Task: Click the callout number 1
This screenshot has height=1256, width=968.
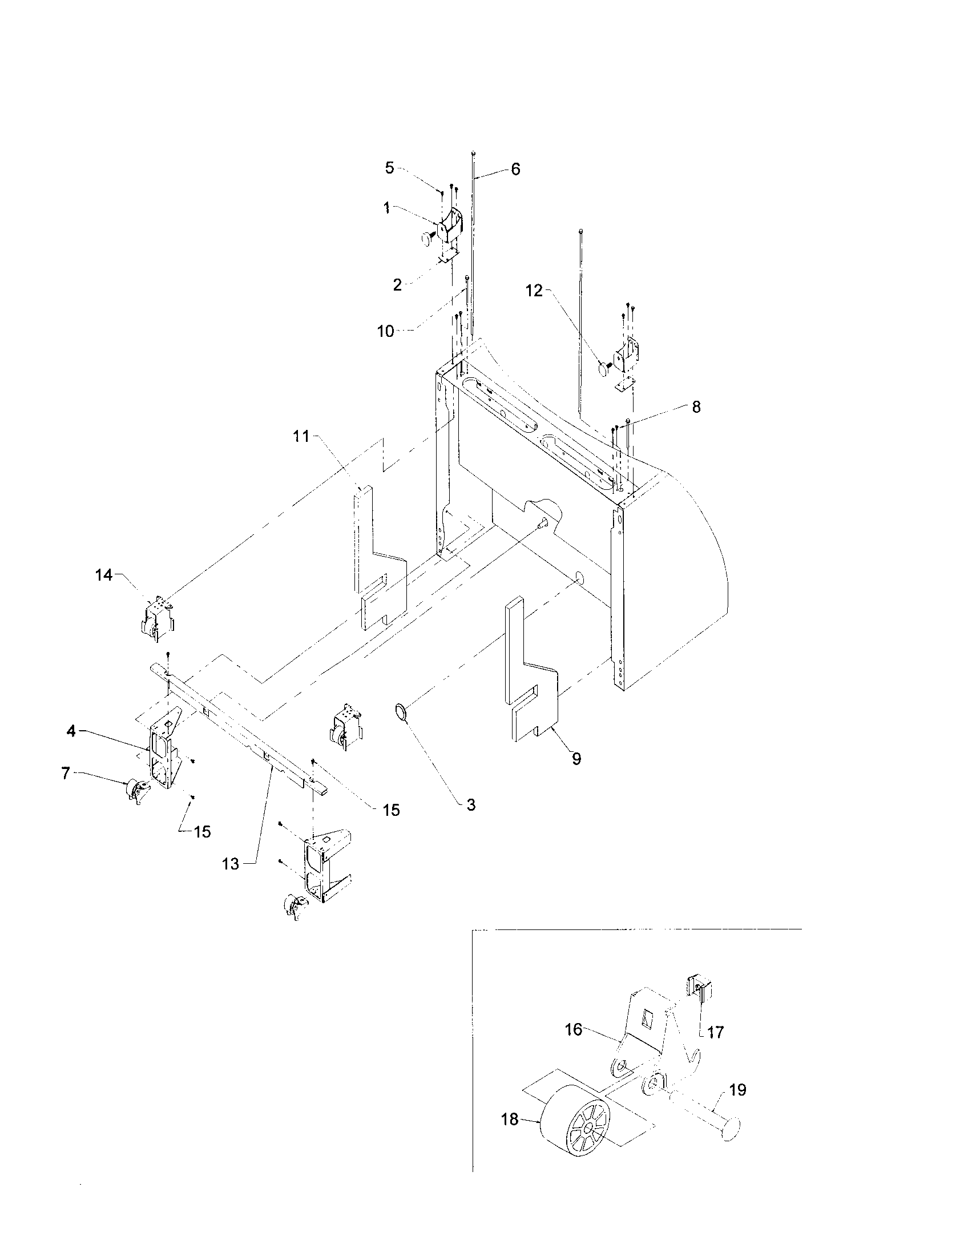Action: coord(387,208)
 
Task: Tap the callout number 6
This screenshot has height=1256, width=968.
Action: coord(515,169)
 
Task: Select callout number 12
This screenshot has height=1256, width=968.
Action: coord(534,291)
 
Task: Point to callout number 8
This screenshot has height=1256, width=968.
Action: coord(696,407)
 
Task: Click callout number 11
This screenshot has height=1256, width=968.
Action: coord(301,437)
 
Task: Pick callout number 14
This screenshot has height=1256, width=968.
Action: coord(103,574)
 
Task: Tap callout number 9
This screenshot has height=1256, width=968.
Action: coord(576,759)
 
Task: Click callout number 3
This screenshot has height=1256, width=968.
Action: coord(471,805)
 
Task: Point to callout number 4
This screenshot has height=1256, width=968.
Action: coord(71,732)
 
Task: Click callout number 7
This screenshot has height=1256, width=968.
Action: coord(66,774)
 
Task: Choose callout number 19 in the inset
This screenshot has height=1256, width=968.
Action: coord(737,1090)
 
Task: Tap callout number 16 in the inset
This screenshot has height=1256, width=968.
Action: coord(574,1029)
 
